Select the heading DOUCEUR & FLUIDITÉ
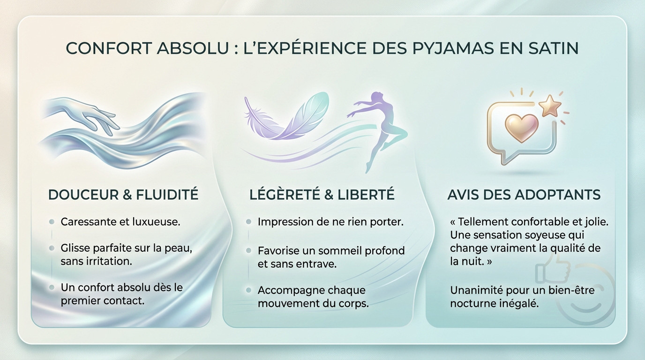123,195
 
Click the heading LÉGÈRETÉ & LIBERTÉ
322,195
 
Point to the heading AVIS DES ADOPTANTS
524,195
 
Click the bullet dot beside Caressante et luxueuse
52,222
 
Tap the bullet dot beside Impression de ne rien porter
248,222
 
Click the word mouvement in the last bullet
286,303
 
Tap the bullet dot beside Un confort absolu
52,287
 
